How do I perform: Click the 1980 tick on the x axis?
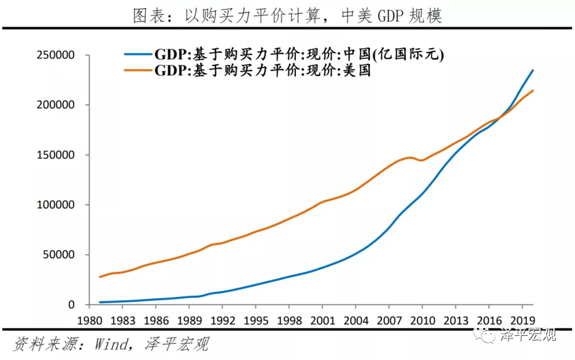(x=90, y=321)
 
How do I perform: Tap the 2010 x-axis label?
(x=422, y=321)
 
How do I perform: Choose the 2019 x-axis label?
(x=521, y=321)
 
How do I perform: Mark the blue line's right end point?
(x=532, y=70)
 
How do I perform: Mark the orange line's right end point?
(x=532, y=91)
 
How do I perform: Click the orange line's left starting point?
(x=99, y=277)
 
